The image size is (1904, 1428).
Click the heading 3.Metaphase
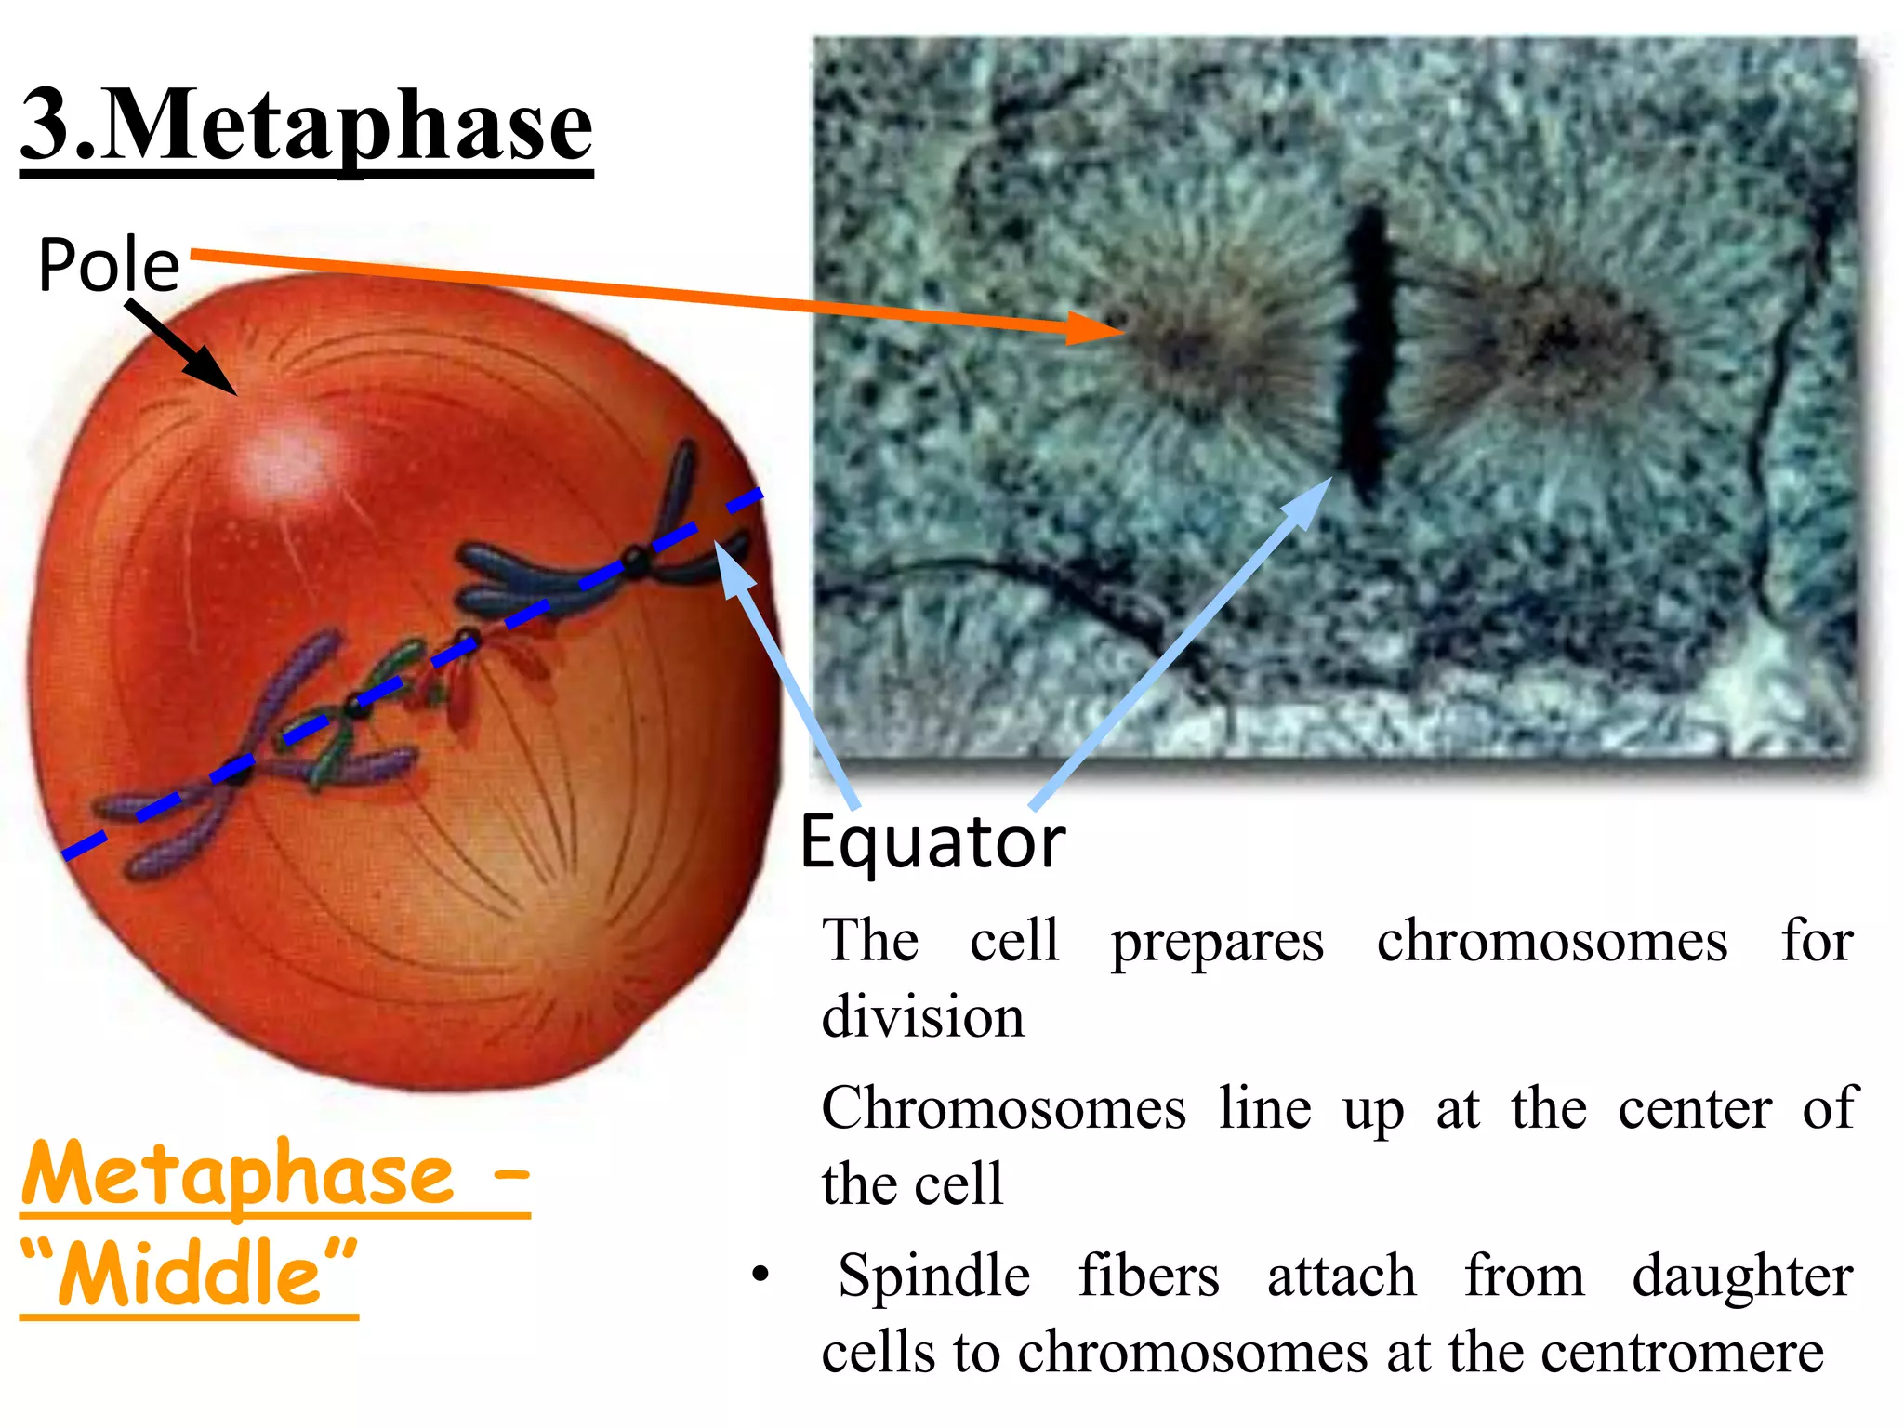tap(307, 126)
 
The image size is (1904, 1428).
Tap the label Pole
tap(109, 265)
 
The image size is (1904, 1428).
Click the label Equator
tap(932, 842)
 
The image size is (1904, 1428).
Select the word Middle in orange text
tap(190, 1273)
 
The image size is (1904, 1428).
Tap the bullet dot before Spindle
tap(761, 1275)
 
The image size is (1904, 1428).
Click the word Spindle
tap(933, 1276)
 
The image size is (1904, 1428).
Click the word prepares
tap(1217, 943)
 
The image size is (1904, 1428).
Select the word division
tap(923, 1016)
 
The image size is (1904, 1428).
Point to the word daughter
tap(1742, 1277)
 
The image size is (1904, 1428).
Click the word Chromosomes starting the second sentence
tap(1004, 1108)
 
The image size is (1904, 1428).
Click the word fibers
tap(1148, 1276)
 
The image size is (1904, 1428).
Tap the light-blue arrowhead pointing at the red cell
tap(734, 563)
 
